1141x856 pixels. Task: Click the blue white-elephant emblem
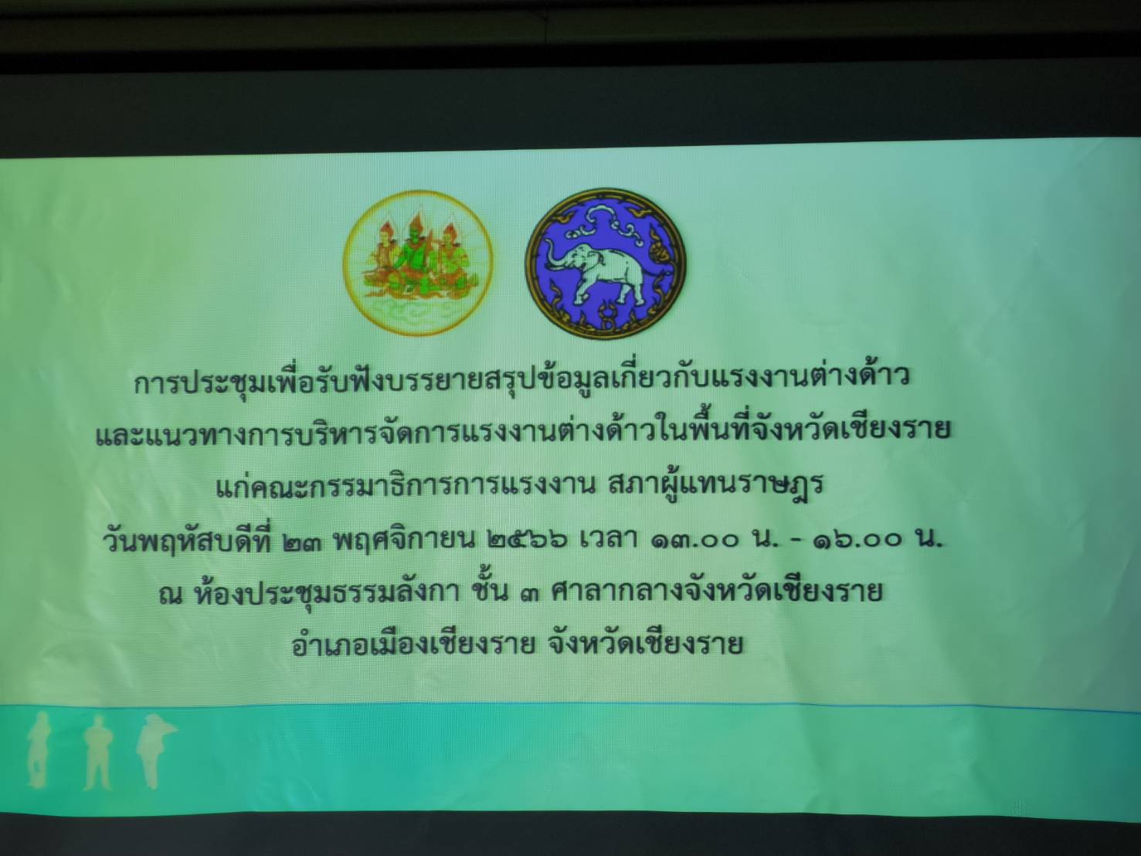point(606,264)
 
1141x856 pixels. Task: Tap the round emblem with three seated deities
point(417,263)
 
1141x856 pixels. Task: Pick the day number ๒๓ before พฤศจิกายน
point(304,542)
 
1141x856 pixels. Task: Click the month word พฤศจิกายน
point(406,541)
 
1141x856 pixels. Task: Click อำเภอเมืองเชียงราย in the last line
point(414,644)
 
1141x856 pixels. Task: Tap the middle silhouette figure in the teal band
point(98,753)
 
